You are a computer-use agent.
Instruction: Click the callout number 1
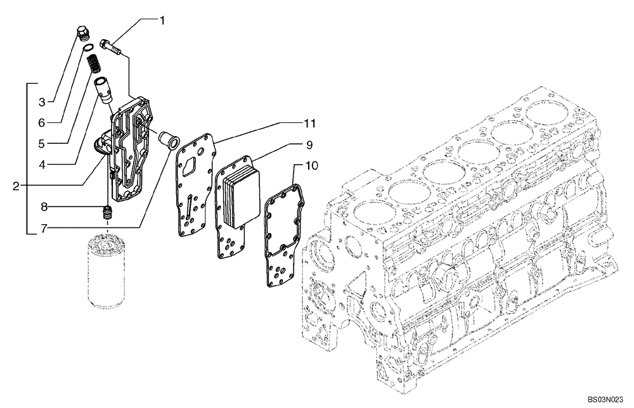(x=162, y=21)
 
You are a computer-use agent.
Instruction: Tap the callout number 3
(x=41, y=101)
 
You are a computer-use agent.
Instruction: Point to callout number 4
(x=41, y=164)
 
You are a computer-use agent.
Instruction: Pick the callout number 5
(x=41, y=143)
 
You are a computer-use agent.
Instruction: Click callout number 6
(x=41, y=122)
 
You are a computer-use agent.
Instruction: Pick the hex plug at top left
(x=82, y=35)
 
